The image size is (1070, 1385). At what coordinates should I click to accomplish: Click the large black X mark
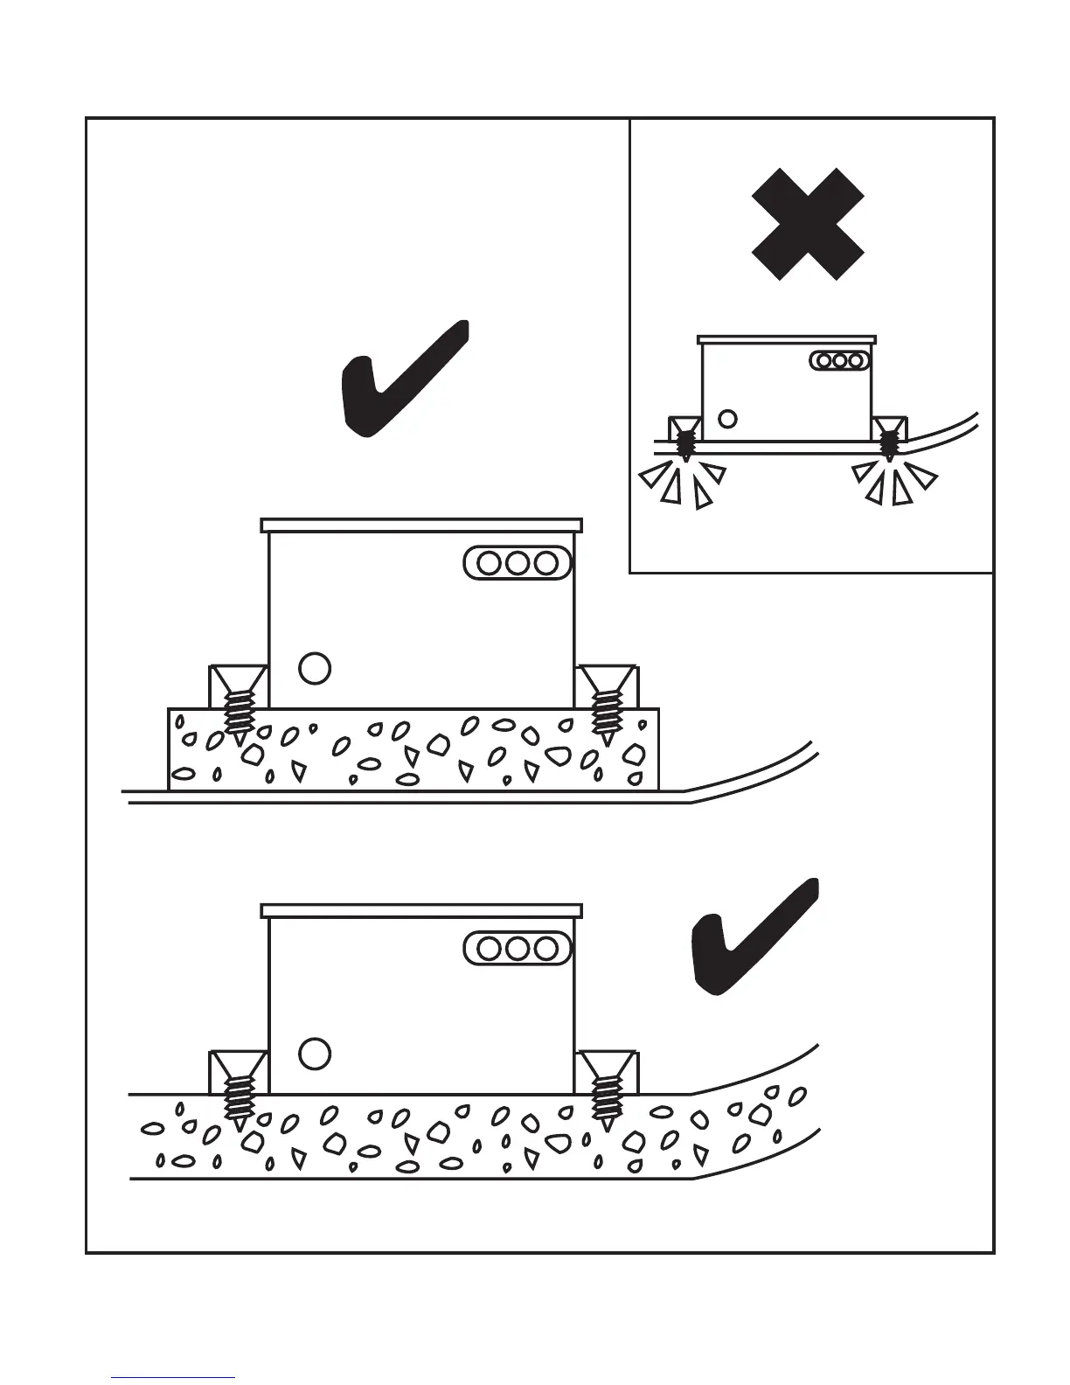(x=809, y=224)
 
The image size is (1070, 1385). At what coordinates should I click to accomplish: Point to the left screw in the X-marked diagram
(x=684, y=442)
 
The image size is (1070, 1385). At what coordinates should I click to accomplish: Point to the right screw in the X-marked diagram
(x=890, y=442)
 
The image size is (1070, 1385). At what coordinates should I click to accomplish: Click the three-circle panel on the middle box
(x=518, y=562)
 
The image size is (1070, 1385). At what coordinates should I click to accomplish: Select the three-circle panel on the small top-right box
(x=839, y=359)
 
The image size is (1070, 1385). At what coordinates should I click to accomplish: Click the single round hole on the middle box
(x=315, y=668)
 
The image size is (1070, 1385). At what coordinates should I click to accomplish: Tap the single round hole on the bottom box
(x=315, y=1054)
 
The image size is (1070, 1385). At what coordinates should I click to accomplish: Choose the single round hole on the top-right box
(x=726, y=418)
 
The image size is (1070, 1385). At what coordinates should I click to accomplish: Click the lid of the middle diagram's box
(x=421, y=525)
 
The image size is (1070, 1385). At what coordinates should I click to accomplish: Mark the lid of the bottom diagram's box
(x=421, y=911)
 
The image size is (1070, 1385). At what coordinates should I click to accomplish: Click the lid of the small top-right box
(x=786, y=338)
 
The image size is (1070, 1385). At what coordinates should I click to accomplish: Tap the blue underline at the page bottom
(x=173, y=1377)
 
